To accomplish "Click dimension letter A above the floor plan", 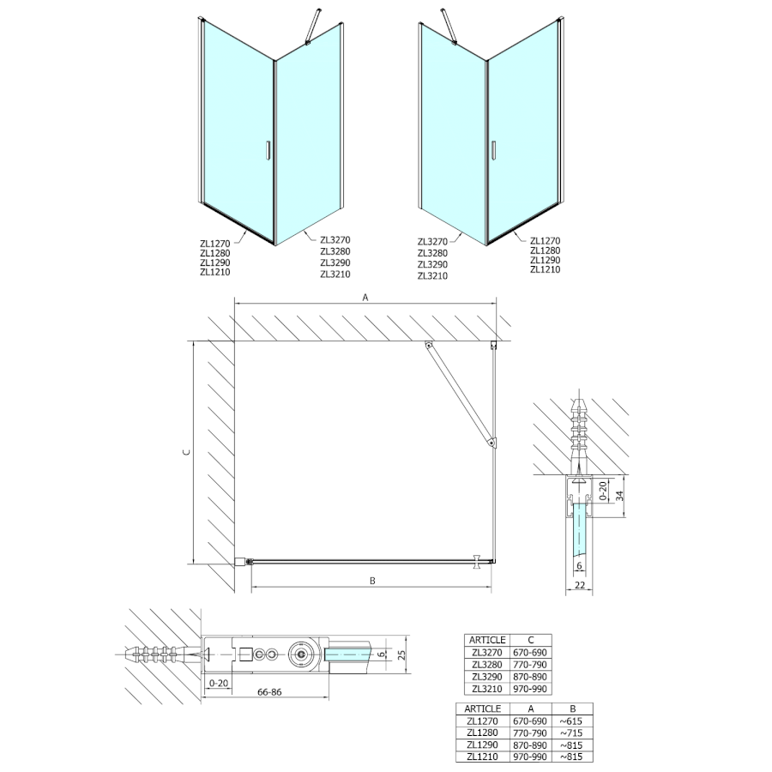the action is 365,297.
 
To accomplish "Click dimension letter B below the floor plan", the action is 372,581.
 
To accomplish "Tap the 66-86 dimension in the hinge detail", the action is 269,691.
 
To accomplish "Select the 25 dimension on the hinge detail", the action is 401,654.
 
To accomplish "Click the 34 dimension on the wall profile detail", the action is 620,496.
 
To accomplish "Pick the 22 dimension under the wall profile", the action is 580,585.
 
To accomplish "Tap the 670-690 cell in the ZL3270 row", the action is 530,653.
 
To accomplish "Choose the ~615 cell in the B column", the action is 570,721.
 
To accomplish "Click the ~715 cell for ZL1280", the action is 570,733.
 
